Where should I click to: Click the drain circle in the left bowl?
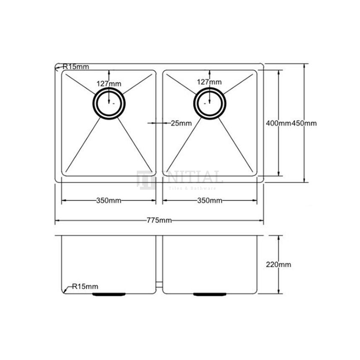[x=109, y=103]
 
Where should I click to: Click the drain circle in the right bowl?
[x=210, y=103]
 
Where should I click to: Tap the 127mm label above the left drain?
[x=108, y=84]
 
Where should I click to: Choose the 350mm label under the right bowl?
[x=209, y=200]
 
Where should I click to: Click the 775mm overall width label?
[x=159, y=220]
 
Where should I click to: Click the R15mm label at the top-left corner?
[x=75, y=67]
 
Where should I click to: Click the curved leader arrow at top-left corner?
[x=58, y=68]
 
